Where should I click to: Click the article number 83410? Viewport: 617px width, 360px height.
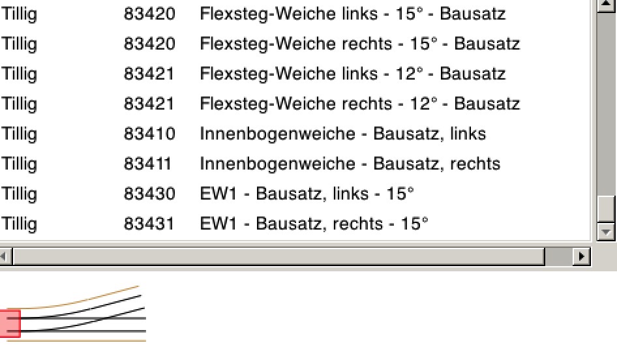click(149, 134)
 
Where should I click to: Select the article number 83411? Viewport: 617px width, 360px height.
click(147, 164)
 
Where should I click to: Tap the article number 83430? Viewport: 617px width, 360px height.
click(149, 194)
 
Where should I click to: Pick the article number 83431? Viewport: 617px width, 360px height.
click(149, 224)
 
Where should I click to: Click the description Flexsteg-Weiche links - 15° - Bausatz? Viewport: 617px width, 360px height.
click(353, 14)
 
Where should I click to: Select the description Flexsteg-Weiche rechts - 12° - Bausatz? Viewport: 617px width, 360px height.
click(359, 104)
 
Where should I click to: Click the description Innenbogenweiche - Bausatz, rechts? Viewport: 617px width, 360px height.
click(350, 164)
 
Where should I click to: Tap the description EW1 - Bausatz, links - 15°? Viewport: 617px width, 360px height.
click(307, 194)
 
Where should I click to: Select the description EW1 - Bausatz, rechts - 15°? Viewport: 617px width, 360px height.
click(314, 224)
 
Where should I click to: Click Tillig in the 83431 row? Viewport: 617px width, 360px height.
click(19, 224)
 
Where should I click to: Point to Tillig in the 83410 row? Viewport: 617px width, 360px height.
click(19, 134)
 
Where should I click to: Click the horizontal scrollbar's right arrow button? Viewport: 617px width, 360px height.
click(581, 256)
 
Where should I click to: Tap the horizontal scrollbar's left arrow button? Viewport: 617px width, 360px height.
click(5, 256)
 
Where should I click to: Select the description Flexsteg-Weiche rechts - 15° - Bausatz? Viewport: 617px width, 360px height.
click(359, 44)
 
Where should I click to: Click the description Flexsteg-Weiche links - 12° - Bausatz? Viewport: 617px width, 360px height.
click(353, 74)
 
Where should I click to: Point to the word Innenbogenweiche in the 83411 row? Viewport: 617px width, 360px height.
click(277, 164)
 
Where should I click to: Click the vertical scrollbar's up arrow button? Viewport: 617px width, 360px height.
click(606, 5)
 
